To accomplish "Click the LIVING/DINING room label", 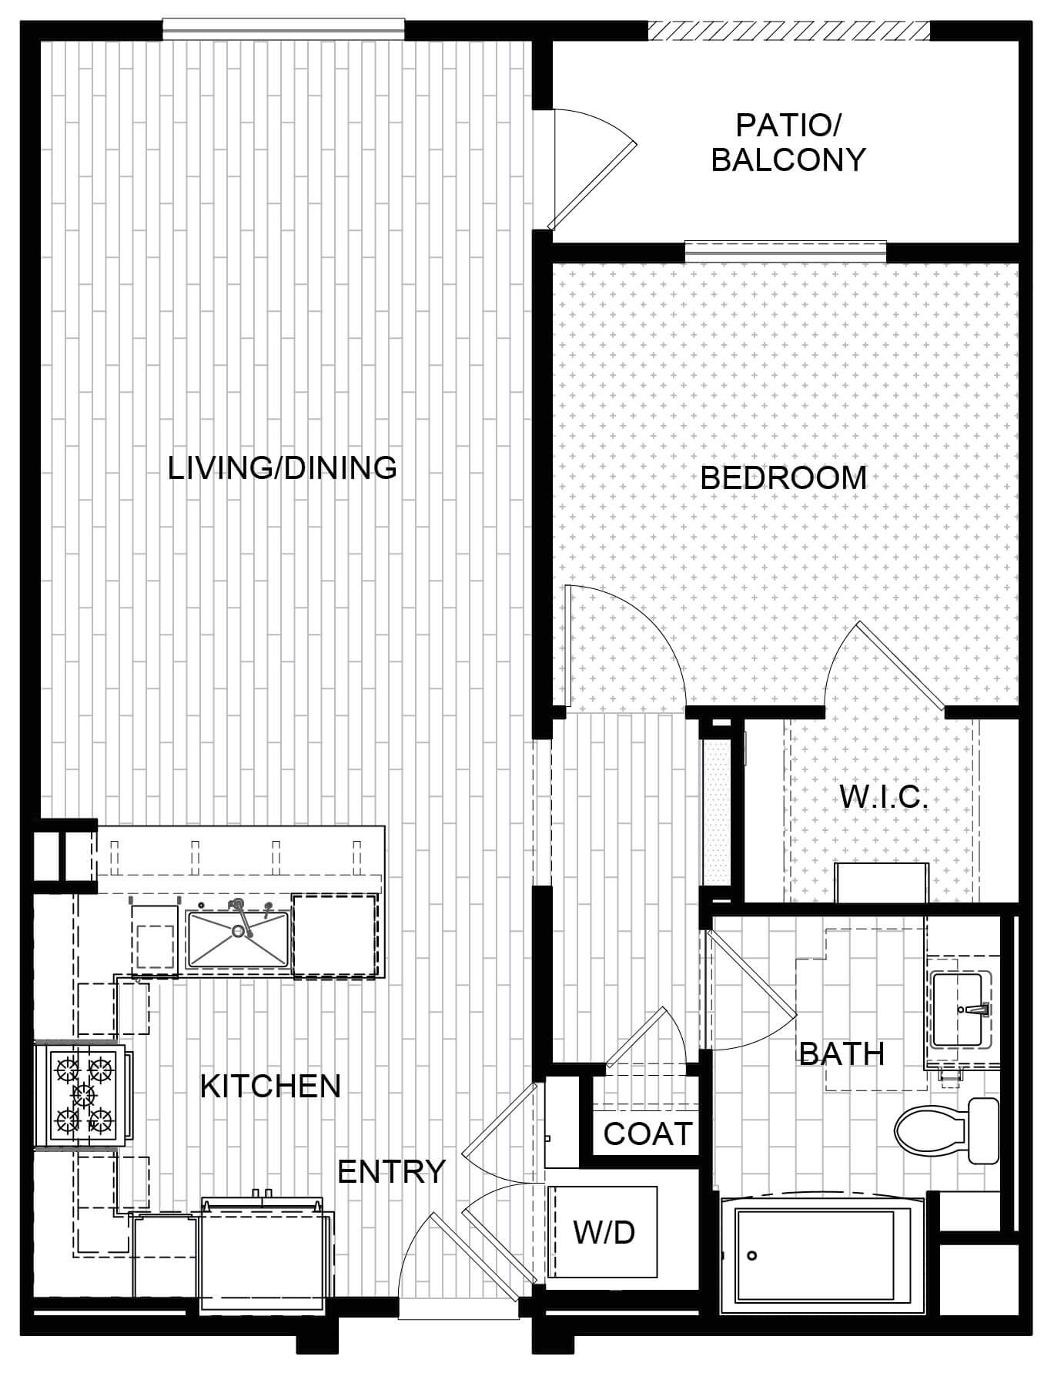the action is coord(283,467).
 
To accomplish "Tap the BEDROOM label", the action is coord(784,478).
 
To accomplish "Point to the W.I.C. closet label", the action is coord(884,797).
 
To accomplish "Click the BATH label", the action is coord(842,1053).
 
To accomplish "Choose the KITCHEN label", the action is coord(270,1086).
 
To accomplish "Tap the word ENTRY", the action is coord(392,1171).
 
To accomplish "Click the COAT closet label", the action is coord(648,1134).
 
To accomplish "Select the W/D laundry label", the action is coord(604,1232).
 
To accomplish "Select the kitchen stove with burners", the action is coord(81,1096).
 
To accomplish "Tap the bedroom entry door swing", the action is coord(624,645).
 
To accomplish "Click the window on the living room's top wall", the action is coord(283,28).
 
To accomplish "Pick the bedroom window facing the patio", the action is coord(785,252).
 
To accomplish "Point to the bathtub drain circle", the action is coord(752,1256).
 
